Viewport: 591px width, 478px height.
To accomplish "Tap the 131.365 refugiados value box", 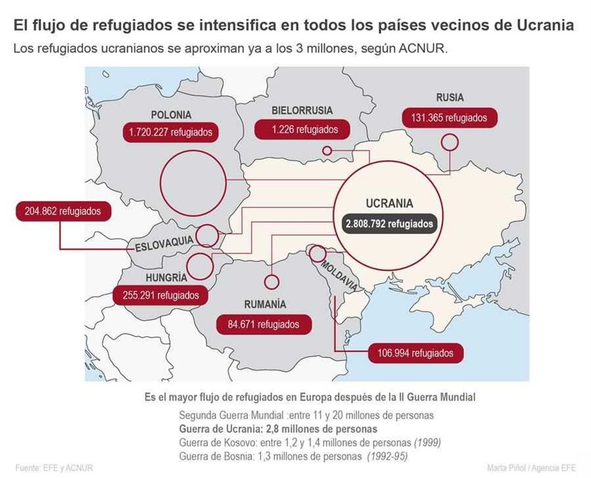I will (x=449, y=118).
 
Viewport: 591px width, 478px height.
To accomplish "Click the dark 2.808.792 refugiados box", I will (x=389, y=224).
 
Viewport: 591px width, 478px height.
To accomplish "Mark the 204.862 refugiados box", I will (x=59, y=212).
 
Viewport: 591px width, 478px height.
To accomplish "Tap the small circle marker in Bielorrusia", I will (x=327, y=151).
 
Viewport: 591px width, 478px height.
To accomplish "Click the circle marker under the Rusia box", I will (x=449, y=142).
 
